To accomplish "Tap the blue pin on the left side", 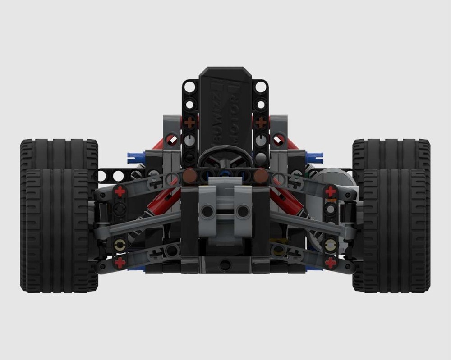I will click(136, 157).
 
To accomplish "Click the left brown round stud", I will click(190, 175).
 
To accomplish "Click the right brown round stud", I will click(261, 175).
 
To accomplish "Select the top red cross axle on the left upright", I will click(120, 191).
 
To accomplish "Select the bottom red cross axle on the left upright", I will click(120, 263).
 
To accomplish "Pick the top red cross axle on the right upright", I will click(331, 191).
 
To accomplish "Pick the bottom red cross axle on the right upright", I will click(331, 263).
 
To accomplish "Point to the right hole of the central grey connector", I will click(243, 211).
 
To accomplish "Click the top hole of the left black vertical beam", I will click(190, 87).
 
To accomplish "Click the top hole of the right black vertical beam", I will click(261, 87).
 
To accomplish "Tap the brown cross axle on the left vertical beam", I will click(190, 122).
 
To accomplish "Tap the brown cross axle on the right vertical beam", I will click(261, 122).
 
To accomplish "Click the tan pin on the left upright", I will click(120, 245).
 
